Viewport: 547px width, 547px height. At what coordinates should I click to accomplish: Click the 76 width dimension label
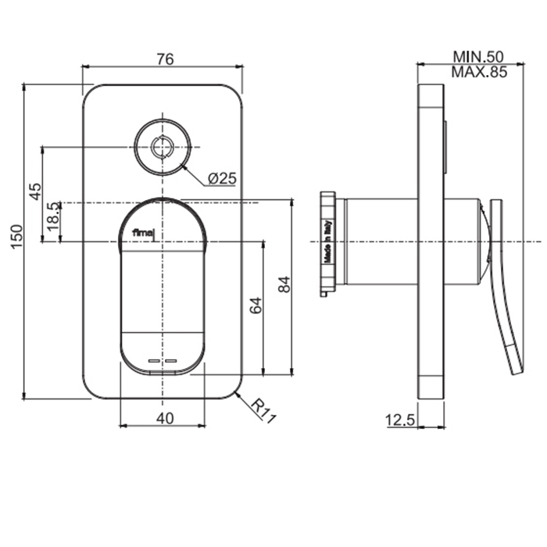point(164,59)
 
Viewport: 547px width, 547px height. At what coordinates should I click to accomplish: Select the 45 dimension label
point(35,192)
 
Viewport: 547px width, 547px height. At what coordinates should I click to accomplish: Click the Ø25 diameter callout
point(222,179)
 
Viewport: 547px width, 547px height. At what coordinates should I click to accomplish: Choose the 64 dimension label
point(256,306)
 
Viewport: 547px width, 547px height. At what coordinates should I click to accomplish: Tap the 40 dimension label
point(164,418)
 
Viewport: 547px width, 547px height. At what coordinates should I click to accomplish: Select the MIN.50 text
point(478,57)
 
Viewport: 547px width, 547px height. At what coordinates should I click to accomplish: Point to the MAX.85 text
point(478,73)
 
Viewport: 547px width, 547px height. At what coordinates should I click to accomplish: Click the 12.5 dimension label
point(399,420)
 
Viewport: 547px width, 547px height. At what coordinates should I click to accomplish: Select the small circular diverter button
point(163,146)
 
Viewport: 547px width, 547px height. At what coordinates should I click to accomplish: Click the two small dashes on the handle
point(163,361)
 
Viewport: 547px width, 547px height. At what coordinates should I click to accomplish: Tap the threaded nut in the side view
point(330,243)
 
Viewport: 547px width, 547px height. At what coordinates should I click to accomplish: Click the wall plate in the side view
point(430,241)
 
